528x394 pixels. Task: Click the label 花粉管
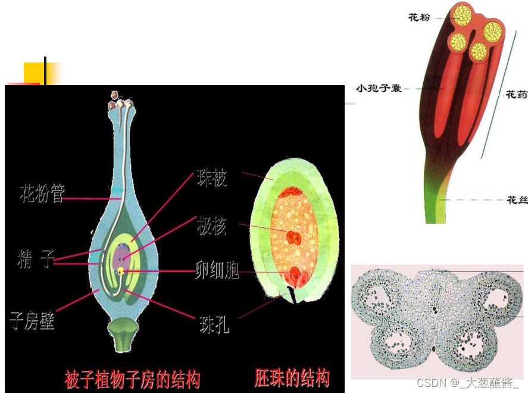42,194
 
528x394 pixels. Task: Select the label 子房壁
33,321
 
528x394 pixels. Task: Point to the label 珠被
212,178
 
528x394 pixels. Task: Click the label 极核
212,226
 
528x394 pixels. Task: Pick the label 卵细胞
217,271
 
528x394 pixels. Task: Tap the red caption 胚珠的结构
292,378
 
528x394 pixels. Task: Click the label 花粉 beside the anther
419,17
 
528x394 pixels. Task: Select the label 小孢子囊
379,88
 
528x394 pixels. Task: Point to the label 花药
515,94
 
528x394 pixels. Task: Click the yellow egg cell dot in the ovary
121,271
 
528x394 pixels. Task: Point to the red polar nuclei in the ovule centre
293,237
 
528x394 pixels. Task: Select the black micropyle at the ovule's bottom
291,294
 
